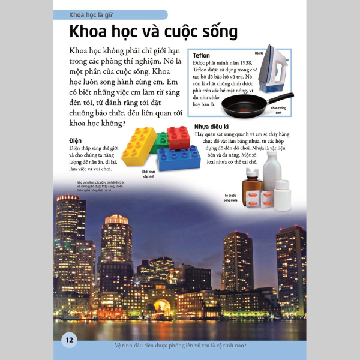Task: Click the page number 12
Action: point(69,340)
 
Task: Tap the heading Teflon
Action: point(201,56)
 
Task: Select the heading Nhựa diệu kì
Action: point(212,127)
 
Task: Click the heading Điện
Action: point(75,140)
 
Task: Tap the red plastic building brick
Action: point(178,137)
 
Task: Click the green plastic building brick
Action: point(160,142)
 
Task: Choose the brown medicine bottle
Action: point(251,181)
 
